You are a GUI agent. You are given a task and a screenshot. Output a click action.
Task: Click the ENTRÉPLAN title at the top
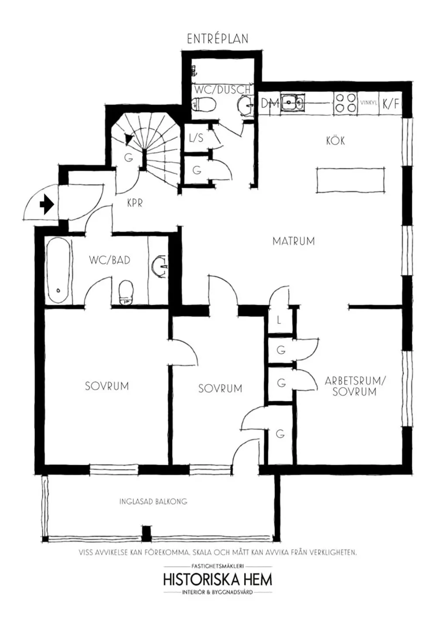point(218,39)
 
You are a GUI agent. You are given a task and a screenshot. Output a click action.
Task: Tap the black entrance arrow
point(47,205)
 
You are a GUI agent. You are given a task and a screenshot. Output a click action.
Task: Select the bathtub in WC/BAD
point(58,270)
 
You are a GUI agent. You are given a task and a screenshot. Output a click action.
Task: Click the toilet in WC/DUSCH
point(204,104)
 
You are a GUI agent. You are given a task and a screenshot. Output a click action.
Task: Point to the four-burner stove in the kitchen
point(346,103)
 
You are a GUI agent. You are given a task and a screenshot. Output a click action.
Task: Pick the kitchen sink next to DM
point(292,103)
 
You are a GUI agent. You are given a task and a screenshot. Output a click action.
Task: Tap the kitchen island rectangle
point(350,180)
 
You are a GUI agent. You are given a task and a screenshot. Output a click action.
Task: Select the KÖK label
point(336,140)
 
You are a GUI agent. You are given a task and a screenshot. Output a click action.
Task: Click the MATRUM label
point(293,241)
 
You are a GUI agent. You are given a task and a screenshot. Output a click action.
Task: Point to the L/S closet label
point(196,138)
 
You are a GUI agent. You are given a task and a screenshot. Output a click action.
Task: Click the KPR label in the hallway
point(135,203)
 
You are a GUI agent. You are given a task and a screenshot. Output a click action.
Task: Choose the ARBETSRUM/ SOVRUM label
point(354,386)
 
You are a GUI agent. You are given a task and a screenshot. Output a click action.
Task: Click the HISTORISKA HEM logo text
point(218,580)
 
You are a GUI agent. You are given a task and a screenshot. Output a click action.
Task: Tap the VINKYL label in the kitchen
point(369,103)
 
